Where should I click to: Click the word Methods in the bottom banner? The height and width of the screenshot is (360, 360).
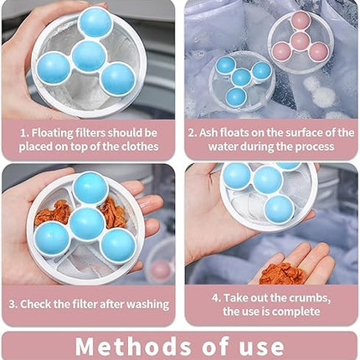point(133,347)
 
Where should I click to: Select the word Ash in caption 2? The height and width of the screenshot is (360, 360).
point(208,133)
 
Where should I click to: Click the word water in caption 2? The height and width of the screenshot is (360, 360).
point(223,147)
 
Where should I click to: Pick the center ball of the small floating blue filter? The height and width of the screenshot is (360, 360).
point(241,77)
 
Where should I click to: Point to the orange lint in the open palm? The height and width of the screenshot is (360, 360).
point(282,274)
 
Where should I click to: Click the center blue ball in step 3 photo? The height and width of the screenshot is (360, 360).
point(87,224)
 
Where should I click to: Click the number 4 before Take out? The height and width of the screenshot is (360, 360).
point(215,298)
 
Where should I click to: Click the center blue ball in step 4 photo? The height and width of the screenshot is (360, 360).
point(268,180)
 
